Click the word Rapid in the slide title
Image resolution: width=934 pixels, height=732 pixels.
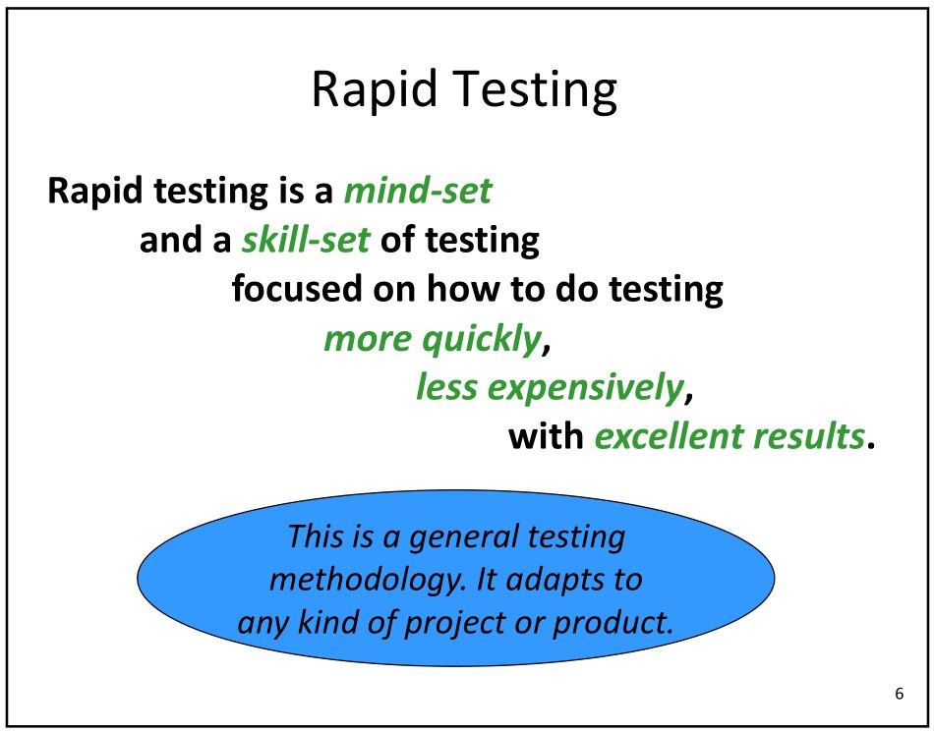click(x=374, y=89)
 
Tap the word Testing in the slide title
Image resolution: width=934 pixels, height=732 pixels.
click(x=533, y=91)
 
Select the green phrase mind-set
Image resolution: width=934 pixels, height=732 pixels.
click(x=418, y=191)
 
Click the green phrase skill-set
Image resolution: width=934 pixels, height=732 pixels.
click(x=306, y=240)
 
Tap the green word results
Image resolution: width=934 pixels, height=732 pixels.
click(x=808, y=435)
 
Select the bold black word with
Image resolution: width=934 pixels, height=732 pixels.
click(x=546, y=435)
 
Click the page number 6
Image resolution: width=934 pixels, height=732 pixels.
click(x=899, y=694)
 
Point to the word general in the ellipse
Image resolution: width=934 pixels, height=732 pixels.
click(x=463, y=538)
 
